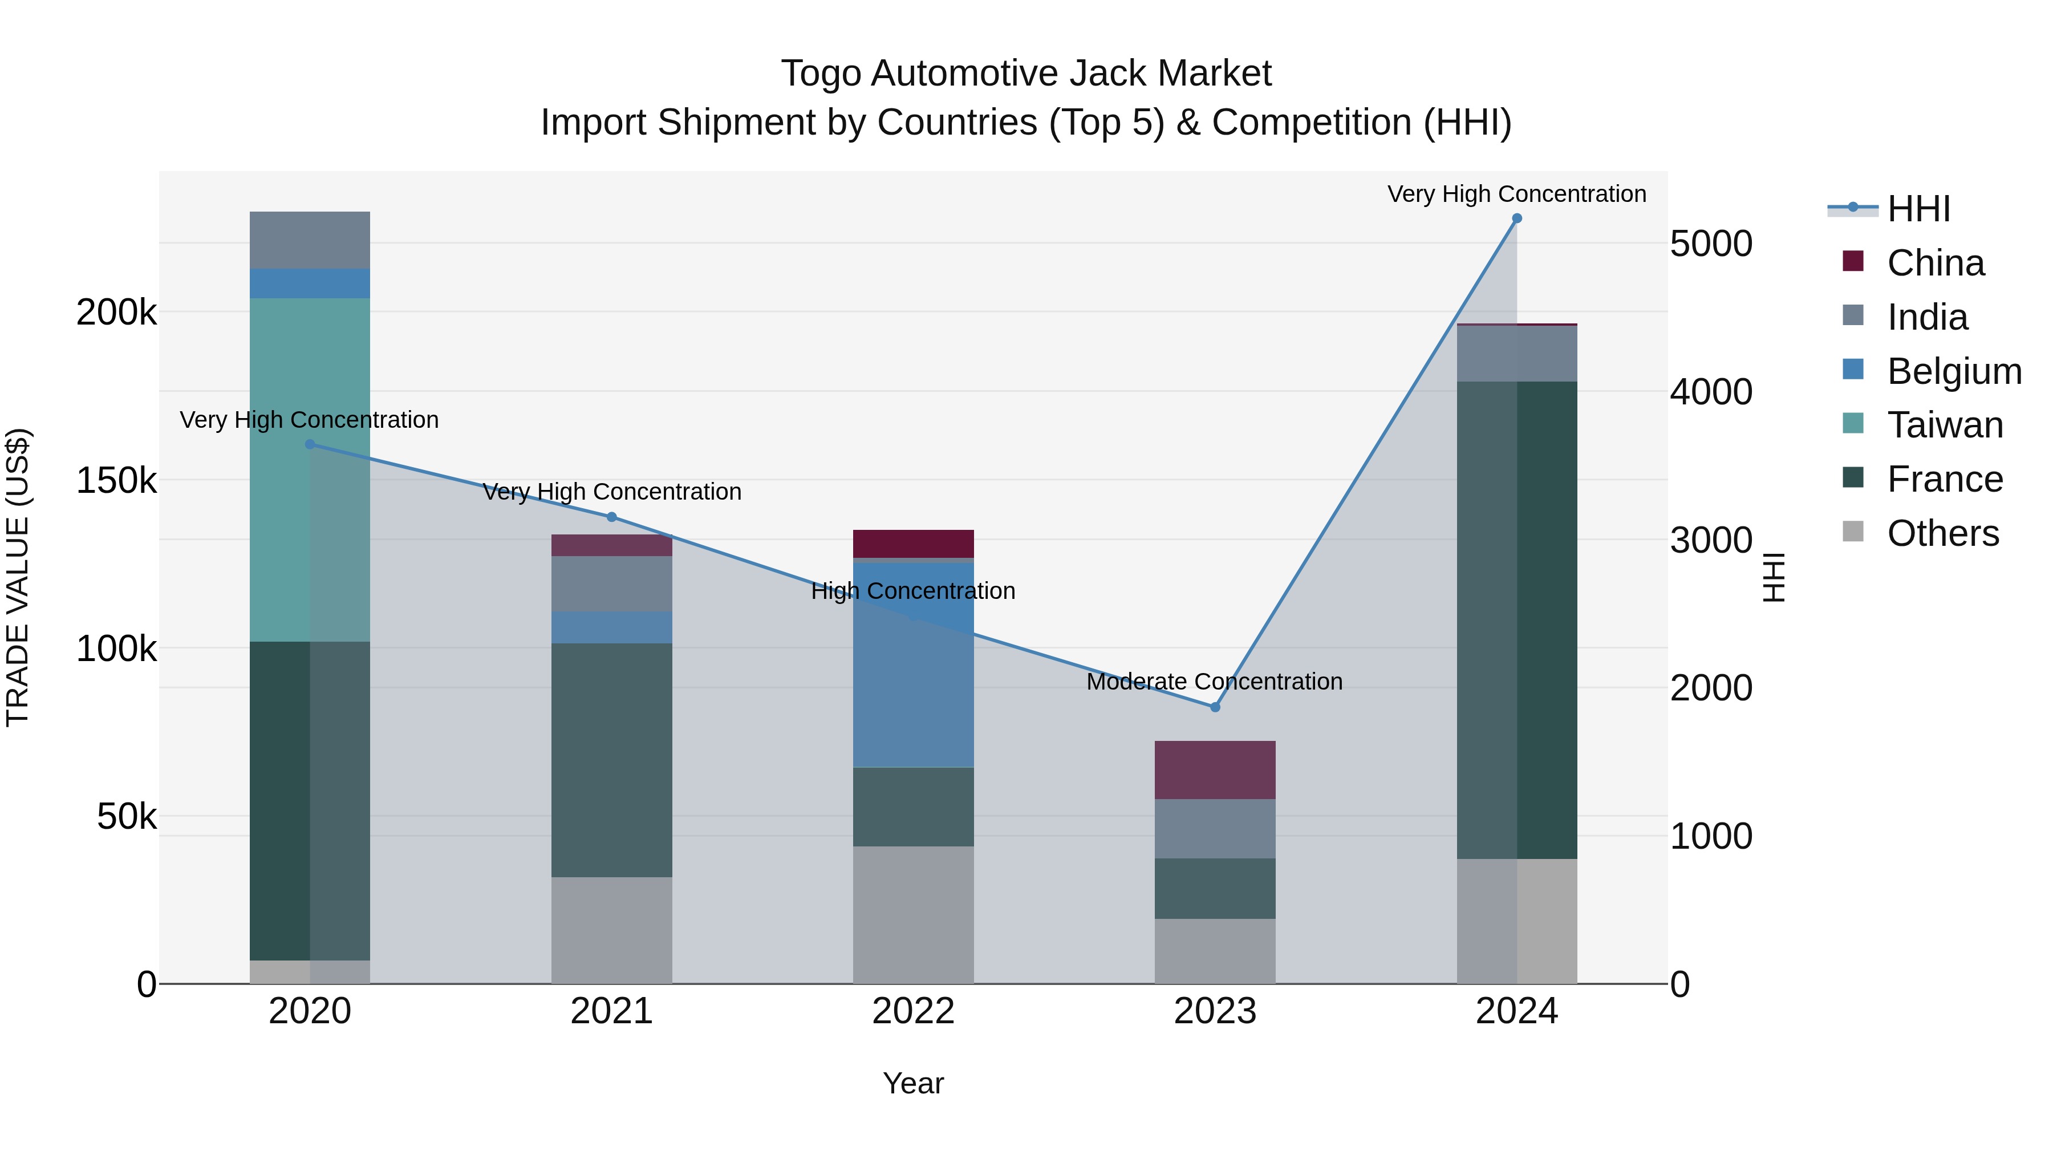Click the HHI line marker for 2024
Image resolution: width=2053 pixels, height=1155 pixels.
[1516, 218]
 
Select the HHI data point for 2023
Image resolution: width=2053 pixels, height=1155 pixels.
[1215, 707]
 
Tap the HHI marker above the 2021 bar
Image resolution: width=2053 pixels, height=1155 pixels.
[611, 517]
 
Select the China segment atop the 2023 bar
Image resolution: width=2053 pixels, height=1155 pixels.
[1215, 770]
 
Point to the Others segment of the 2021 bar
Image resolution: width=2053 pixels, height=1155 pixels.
[611, 930]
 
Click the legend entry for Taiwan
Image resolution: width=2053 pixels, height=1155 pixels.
[1945, 425]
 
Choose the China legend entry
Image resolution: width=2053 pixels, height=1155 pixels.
[1935, 263]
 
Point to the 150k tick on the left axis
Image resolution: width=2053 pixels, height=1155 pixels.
[116, 481]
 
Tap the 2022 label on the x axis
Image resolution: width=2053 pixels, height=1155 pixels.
[914, 1011]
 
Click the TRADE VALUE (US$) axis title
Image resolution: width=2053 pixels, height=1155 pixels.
[18, 577]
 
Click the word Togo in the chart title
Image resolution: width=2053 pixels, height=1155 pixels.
[821, 74]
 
